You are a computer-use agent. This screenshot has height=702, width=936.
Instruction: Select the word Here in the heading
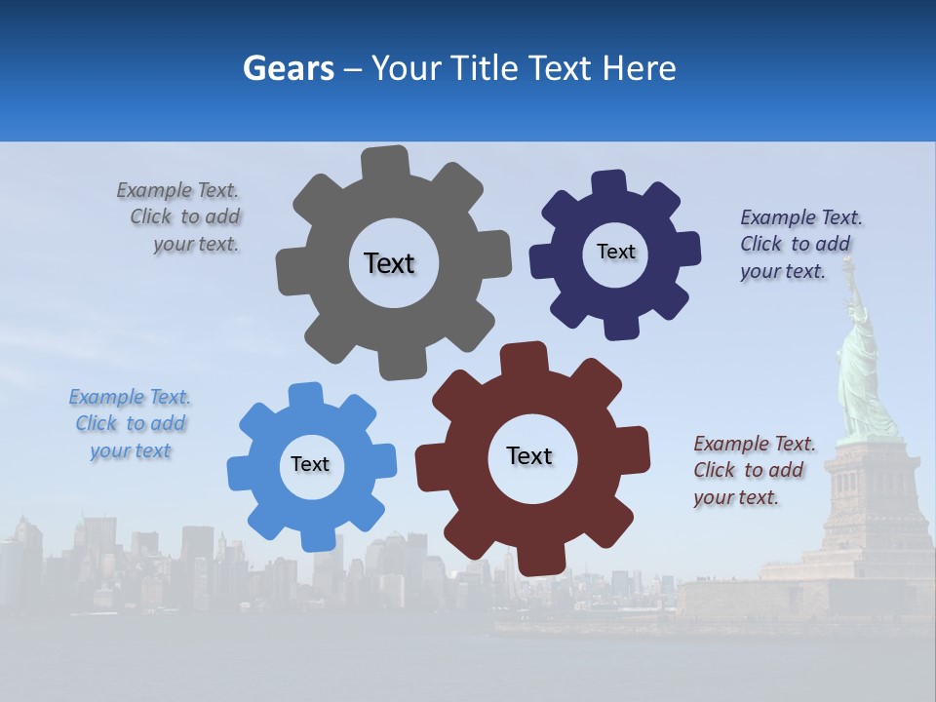coord(638,68)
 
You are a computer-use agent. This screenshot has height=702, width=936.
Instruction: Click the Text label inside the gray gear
coord(389,263)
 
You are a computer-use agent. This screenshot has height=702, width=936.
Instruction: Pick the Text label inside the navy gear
coord(615,252)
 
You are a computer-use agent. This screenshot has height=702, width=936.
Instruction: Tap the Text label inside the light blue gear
coord(310,464)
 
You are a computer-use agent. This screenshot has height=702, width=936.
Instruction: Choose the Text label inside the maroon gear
coord(529,455)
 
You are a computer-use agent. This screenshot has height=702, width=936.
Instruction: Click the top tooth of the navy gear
coord(609,183)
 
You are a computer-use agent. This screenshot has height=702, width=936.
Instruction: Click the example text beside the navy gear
coord(799,244)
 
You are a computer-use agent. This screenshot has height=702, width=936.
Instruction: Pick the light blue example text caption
coord(130,424)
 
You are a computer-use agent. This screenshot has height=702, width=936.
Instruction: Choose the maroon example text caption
coord(752,470)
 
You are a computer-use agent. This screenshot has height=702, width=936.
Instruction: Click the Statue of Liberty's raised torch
coord(848,263)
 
